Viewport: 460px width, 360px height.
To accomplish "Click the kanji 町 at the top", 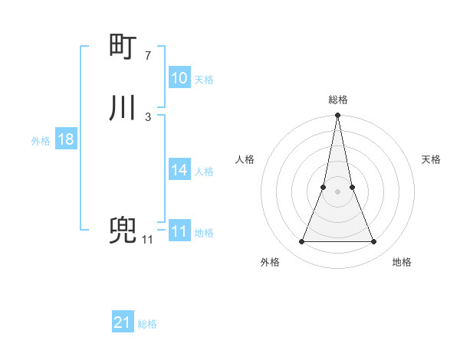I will click(x=123, y=48).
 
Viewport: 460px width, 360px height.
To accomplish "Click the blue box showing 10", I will click(x=179, y=78).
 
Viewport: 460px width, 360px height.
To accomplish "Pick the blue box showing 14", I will click(x=179, y=170).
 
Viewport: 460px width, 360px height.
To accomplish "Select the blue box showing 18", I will click(x=65, y=139).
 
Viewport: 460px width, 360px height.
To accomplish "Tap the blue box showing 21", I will click(x=123, y=322).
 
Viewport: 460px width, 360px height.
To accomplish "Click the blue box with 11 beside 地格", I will click(x=179, y=231).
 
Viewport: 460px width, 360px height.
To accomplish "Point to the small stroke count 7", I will click(x=148, y=56).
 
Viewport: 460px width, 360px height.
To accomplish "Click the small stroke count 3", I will click(x=148, y=116).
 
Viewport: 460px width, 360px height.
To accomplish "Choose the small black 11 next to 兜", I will click(x=147, y=240).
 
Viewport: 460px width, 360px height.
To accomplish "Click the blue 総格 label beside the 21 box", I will click(x=147, y=324).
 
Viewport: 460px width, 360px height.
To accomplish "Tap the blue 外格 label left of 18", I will click(x=41, y=141).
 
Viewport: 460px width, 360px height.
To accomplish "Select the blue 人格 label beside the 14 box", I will click(x=204, y=172).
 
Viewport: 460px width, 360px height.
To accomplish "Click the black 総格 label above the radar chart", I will click(x=338, y=100).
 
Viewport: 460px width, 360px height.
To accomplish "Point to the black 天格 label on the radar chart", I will click(x=431, y=159).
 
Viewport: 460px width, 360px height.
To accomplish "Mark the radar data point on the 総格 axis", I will click(x=338, y=116).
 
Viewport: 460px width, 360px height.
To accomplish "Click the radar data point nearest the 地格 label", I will click(x=374, y=242).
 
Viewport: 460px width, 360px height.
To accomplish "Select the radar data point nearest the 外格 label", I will click(x=301, y=242).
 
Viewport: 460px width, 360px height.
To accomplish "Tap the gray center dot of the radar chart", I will click(x=338, y=191).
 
